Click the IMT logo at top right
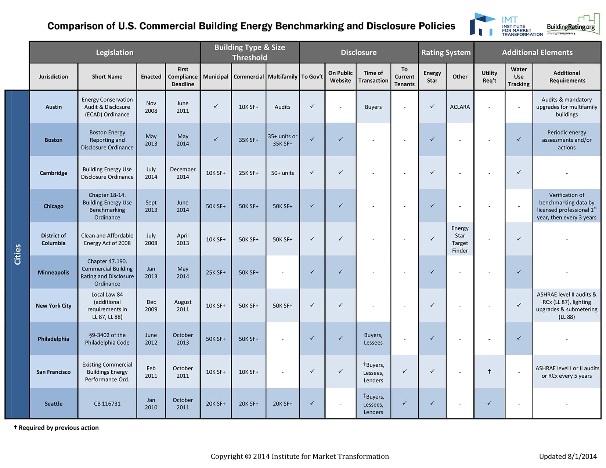[x=506, y=25]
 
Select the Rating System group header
[x=446, y=52]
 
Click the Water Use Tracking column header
[x=519, y=77]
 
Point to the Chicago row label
[x=54, y=206]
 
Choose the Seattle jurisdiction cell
[x=54, y=403]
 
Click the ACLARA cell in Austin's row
[x=459, y=107]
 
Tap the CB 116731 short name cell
[x=107, y=403]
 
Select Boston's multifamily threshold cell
[x=282, y=140]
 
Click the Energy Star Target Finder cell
[x=459, y=239]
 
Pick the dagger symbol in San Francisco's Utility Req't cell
[x=489, y=371]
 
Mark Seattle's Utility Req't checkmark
[x=489, y=403]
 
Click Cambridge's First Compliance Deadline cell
[x=183, y=173]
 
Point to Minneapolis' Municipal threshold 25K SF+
[x=216, y=272]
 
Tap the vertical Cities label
[x=18, y=254]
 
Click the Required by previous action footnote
[x=56, y=428]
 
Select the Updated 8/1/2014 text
[x=568, y=456]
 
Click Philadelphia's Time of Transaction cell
[x=373, y=339]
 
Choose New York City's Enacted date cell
[x=151, y=305]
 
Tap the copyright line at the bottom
[x=300, y=456]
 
